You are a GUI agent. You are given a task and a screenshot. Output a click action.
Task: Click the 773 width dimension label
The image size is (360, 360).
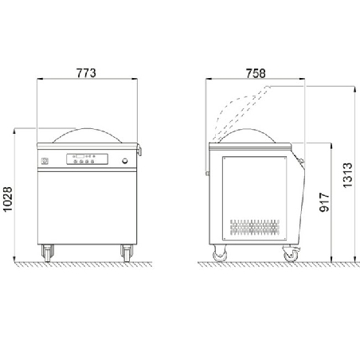(86, 73)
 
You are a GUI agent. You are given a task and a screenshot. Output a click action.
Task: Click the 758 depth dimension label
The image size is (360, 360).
(256, 73)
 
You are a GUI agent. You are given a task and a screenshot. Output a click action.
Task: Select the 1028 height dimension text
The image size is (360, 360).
(8, 199)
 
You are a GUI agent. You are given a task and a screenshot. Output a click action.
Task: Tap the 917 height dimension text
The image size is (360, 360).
(324, 202)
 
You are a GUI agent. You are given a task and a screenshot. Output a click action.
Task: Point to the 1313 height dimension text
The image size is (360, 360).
(347, 175)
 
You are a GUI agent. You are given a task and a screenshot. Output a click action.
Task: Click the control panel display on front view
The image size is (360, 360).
(87, 159)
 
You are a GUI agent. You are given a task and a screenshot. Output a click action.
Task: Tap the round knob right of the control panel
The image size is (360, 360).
(124, 161)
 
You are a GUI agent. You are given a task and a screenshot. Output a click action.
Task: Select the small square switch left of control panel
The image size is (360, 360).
(45, 161)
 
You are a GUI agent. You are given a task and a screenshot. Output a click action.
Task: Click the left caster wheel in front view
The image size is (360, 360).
(48, 253)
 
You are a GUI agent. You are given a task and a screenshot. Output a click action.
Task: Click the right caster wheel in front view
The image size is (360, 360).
(127, 253)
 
